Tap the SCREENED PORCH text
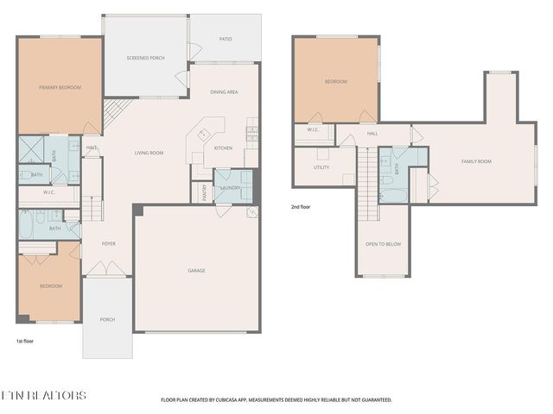(145, 58)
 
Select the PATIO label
(225, 39)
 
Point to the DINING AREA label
(224, 91)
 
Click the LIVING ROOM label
(149, 154)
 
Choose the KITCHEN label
(223, 147)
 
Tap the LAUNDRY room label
(230, 187)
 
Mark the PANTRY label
(205, 191)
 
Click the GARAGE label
(196, 271)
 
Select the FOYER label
(109, 244)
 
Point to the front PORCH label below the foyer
(107, 320)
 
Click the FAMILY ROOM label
(476, 161)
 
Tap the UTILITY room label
(321, 167)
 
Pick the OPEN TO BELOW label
(383, 244)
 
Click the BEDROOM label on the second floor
(335, 82)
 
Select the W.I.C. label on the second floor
(313, 129)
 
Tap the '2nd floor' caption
(302, 207)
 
